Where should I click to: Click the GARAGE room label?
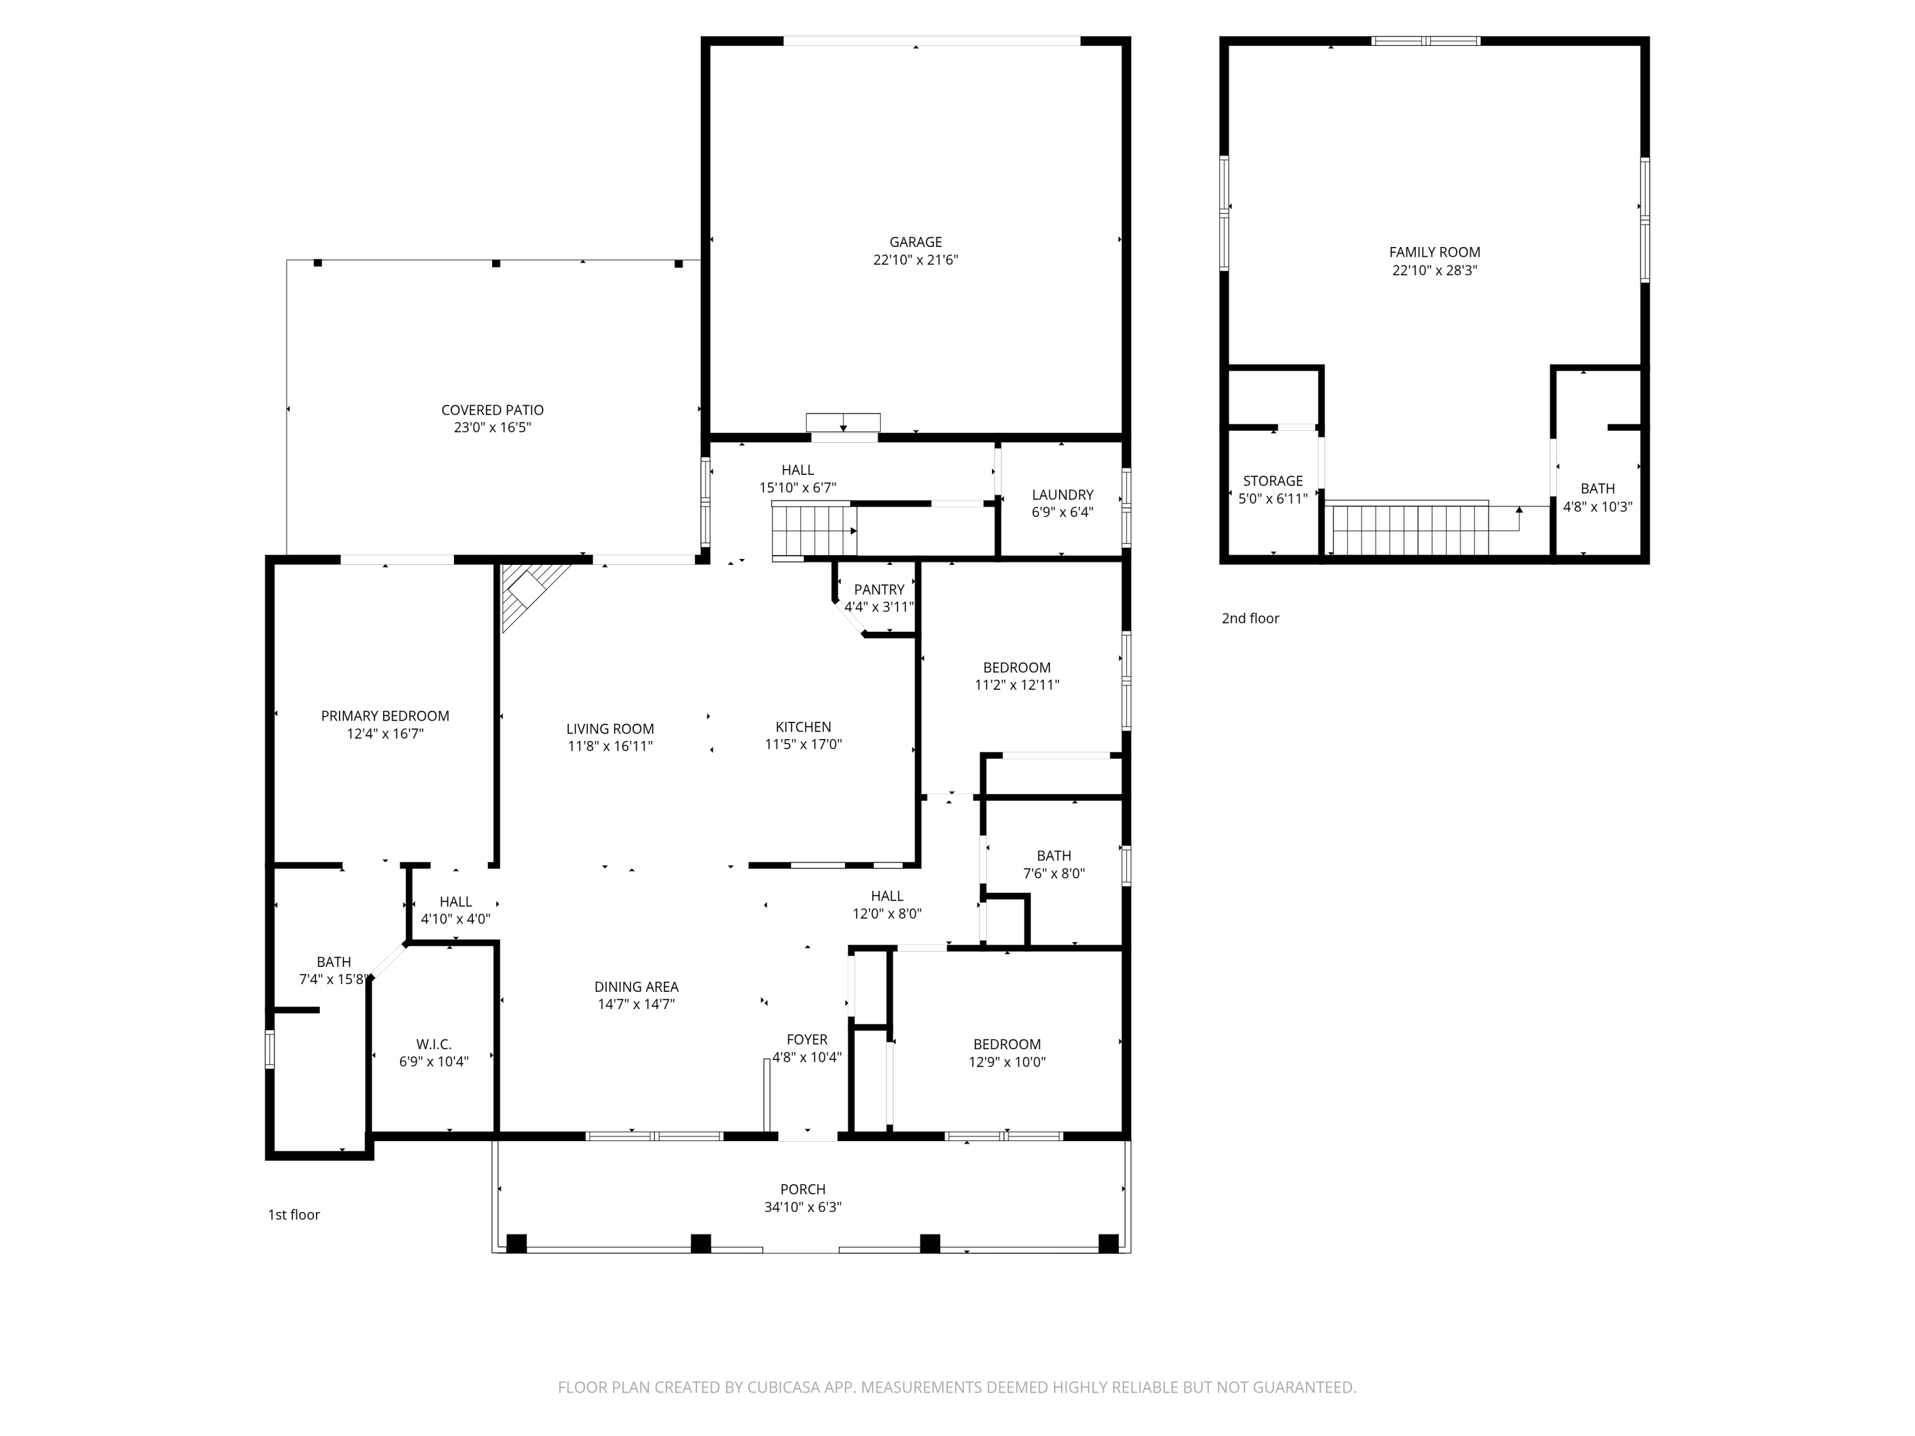pos(915,243)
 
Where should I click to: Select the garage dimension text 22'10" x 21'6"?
pos(915,260)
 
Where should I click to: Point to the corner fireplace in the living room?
pos(532,595)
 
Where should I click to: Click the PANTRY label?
pos(879,590)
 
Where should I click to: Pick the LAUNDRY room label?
pos(1062,495)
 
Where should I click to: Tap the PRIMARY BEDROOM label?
pos(386,716)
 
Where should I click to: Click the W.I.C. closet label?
pos(433,1045)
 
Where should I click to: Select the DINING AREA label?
pos(636,987)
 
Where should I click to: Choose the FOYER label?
pos(807,1040)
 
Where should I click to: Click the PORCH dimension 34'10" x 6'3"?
pos(802,1207)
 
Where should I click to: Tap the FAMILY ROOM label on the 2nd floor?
pos(1434,253)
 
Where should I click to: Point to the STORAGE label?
pos(1273,481)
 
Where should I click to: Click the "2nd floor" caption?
pos(1250,618)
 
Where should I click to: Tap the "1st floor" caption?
pos(294,1215)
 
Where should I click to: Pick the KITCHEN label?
pos(804,727)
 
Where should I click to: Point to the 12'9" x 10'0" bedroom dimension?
pos(1007,1062)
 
